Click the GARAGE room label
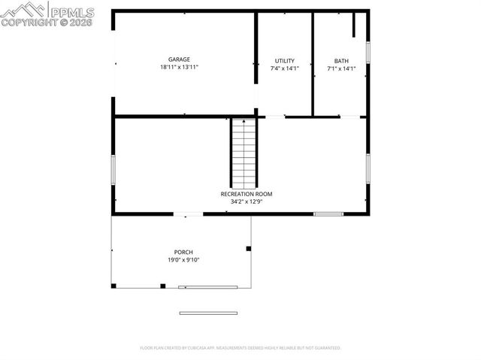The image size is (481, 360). [x=179, y=59]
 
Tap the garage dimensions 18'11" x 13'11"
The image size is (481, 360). [x=179, y=68]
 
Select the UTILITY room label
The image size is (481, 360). [x=284, y=61]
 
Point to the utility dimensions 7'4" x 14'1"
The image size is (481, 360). [x=284, y=68]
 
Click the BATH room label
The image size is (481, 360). [x=341, y=61]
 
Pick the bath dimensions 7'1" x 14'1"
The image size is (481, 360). [x=341, y=68]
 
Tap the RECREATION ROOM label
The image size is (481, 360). [x=247, y=194]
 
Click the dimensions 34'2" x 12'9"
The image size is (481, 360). [x=247, y=201]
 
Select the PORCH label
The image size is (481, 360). [x=183, y=252]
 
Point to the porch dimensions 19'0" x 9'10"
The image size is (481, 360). [x=183, y=260]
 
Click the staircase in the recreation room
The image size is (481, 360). [x=244, y=153]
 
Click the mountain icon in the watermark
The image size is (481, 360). [x=23, y=10]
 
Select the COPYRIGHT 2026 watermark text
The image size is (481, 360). [x=47, y=23]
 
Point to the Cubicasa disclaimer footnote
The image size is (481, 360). [x=240, y=348]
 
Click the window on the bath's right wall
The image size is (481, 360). [x=368, y=52]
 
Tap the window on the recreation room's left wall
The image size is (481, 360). [x=113, y=168]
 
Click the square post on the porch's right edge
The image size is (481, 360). [x=249, y=248]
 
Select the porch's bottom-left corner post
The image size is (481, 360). [x=113, y=286]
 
